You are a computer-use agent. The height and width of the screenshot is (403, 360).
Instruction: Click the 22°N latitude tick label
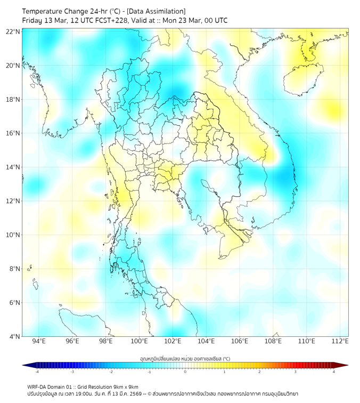pos(13,31)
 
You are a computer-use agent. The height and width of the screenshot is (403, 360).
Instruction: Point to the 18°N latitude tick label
pos(13,99)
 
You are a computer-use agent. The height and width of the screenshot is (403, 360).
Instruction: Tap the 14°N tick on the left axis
pos(13,167)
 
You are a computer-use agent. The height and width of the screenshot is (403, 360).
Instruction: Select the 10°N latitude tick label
pos(13,235)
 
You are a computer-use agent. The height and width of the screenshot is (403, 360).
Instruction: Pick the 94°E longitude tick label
pos(39,341)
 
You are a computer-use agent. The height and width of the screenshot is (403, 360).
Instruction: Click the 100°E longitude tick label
pos(139,341)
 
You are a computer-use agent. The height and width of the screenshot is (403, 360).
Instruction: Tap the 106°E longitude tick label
pos(240,341)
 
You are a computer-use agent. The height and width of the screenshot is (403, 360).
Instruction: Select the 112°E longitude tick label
pos(340,341)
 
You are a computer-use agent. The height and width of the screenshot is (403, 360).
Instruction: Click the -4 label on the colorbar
pos(36,372)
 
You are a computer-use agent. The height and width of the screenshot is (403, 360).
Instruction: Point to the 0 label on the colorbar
pos(185,372)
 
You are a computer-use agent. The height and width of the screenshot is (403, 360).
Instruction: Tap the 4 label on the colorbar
pos(334,372)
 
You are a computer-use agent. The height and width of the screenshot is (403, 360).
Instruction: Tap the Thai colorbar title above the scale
pos(185,358)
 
